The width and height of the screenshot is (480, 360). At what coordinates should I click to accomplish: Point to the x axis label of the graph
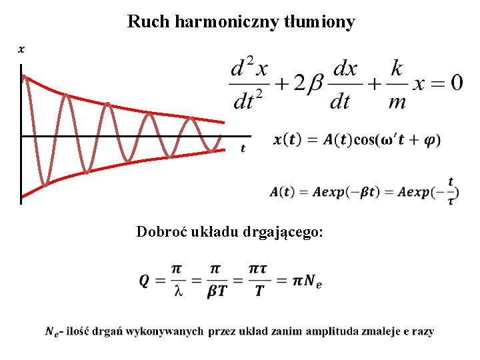click(21, 49)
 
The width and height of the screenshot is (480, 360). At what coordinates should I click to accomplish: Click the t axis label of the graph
click(243, 148)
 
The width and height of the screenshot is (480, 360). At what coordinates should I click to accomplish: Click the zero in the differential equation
click(456, 83)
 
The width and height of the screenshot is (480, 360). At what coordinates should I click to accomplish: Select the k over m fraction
click(397, 85)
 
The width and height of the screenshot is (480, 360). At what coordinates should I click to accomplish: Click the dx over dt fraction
click(345, 85)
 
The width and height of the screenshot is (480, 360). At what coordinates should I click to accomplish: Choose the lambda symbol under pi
click(177, 291)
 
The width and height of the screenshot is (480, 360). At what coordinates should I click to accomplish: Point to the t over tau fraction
click(451, 191)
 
